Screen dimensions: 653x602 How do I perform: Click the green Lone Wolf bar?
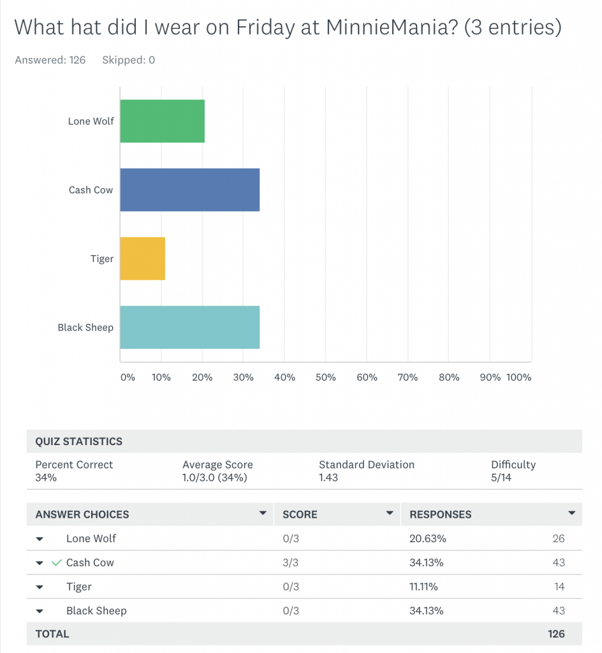pos(162,121)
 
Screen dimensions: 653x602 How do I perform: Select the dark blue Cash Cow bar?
pos(189,190)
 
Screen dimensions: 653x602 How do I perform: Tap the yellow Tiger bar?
pos(142,259)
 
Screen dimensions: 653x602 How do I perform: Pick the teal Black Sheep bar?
pos(189,328)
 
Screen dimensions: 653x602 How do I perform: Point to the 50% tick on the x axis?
pos(325,378)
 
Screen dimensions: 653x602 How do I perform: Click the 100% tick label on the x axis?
pos(518,378)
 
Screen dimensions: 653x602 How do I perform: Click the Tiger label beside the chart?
pos(102,259)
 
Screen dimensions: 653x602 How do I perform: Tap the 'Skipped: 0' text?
pos(128,60)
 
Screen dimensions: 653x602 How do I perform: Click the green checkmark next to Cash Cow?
pos(57,562)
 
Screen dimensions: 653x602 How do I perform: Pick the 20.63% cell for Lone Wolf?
pos(427,539)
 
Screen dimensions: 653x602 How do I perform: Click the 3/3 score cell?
pos(290,563)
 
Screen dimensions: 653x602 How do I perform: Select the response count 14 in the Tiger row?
pos(559,587)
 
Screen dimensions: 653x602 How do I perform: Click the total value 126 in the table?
pos(556,634)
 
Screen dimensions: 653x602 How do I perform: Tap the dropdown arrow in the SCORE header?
pos(390,513)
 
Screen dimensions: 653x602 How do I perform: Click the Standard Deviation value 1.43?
pos(328,478)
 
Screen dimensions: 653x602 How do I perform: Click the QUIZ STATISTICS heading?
pos(78,441)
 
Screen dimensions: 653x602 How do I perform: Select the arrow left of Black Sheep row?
pos(40,611)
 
